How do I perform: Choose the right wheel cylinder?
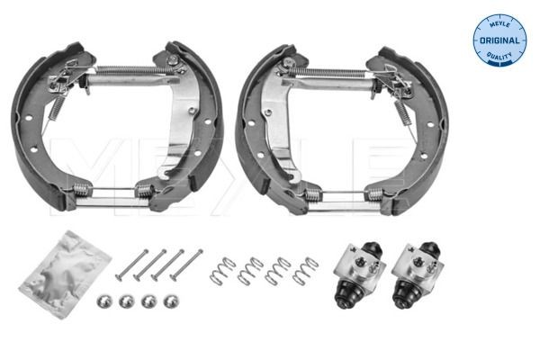417,270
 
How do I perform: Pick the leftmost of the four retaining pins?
131,262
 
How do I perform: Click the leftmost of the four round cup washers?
103,300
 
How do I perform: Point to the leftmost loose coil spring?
221,269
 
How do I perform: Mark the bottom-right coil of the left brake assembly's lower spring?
142,190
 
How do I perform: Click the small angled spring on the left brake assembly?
53,107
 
